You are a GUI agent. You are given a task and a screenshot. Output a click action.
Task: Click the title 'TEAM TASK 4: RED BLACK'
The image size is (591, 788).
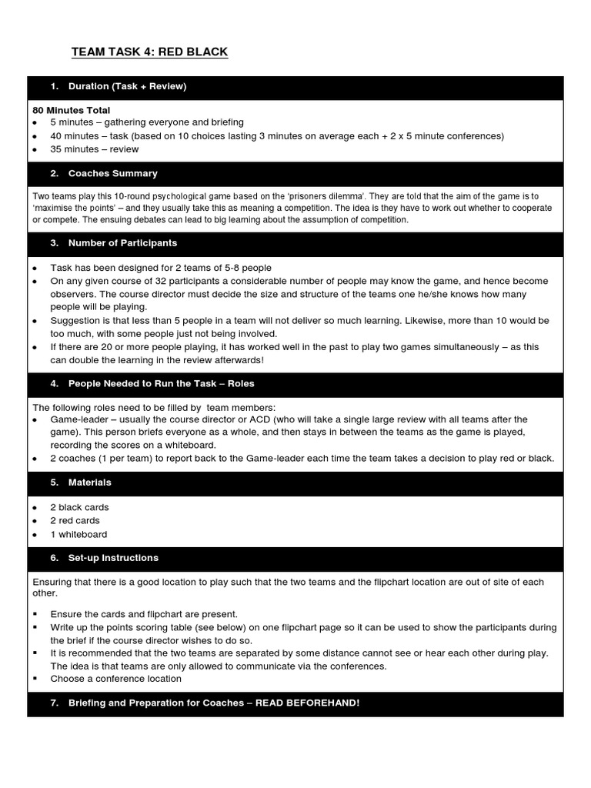tap(149, 52)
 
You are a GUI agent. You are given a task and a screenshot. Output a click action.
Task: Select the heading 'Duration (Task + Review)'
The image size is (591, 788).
tap(127, 86)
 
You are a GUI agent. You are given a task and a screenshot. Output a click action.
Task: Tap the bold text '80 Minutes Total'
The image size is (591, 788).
tap(71, 110)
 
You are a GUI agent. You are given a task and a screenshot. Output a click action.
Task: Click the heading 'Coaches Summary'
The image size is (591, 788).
tap(112, 174)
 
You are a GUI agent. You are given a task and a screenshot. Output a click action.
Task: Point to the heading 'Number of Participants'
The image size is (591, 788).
tap(122, 243)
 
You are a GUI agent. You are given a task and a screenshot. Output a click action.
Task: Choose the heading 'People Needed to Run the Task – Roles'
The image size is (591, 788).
tap(161, 383)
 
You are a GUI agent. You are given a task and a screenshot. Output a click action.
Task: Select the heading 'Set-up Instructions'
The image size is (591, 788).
tap(113, 558)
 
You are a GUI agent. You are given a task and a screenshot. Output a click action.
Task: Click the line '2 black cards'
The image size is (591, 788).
tap(79, 508)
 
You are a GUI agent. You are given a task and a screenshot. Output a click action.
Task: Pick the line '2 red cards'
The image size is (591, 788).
tap(75, 521)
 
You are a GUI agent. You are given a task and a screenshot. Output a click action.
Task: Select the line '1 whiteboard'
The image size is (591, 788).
tap(78, 535)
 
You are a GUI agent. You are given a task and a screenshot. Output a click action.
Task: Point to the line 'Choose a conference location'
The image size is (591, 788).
tap(115, 679)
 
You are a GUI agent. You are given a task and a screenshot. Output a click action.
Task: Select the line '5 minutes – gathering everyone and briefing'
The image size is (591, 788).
tap(147, 122)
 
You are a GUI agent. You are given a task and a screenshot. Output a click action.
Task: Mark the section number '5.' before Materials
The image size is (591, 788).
tap(54, 482)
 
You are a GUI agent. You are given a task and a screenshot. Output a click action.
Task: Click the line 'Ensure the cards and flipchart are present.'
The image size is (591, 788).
tap(144, 614)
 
